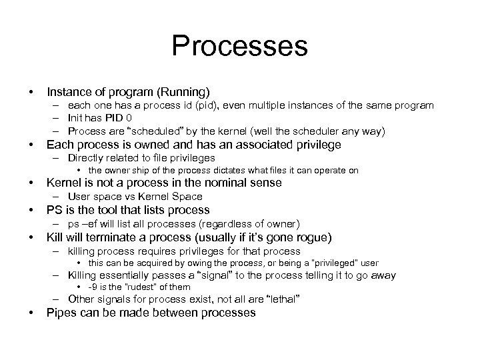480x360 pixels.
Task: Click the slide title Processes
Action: click(239, 47)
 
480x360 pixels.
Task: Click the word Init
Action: click(77, 119)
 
